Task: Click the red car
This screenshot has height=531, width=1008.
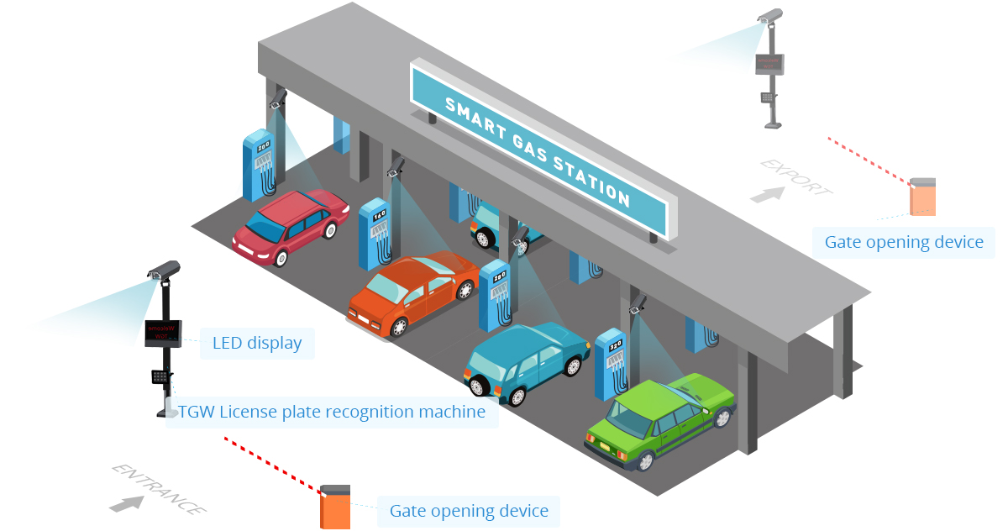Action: [290, 225]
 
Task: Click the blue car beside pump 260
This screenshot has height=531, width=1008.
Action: [525, 360]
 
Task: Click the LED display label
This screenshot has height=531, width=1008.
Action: [257, 344]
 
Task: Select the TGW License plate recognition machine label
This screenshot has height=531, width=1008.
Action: [332, 413]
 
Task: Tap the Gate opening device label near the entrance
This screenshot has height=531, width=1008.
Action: [469, 511]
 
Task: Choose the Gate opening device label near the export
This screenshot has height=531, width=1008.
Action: [904, 243]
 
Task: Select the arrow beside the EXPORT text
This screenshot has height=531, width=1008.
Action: [767, 194]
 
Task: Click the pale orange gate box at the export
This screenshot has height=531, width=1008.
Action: [923, 197]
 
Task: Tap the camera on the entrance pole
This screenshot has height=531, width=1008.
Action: [165, 270]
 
